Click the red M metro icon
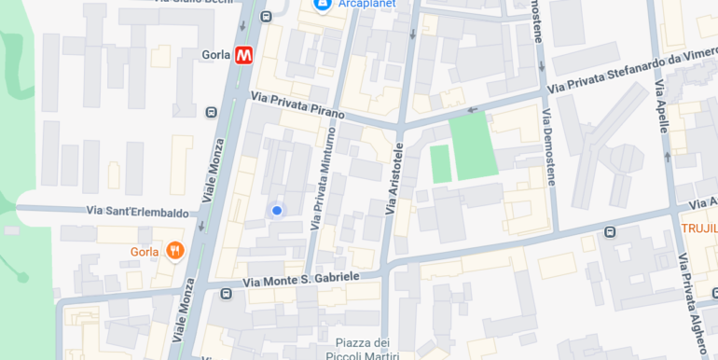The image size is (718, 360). tap(244, 55)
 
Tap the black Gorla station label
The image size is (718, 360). tap(215, 55)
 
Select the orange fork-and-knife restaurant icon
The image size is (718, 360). tap(174, 251)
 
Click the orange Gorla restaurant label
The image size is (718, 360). tap(145, 252)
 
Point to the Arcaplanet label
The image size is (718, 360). tap(367, 4)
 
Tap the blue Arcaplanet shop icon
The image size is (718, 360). tap(322, 5)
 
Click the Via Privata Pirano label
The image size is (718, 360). tap(297, 104)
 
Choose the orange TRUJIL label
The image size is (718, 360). tap(698, 228)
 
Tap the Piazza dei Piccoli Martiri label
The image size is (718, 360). tap(362, 348)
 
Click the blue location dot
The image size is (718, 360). tap(276, 211)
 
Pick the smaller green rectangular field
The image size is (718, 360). tap(440, 163)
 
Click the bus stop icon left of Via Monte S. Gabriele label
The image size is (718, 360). tap(226, 294)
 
